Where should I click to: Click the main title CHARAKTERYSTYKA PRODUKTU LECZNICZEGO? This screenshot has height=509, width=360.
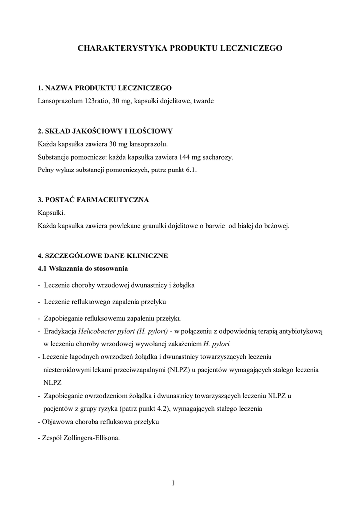point(180,48)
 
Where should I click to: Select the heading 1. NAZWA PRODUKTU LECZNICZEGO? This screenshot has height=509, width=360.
point(104,88)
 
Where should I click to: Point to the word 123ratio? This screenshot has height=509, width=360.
point(98,101)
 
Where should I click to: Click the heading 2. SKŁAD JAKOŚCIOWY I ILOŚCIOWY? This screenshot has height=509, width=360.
point(105,131)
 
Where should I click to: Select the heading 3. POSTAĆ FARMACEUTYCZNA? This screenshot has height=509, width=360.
point(93,200)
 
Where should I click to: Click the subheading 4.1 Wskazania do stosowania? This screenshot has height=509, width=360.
point(83,269)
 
